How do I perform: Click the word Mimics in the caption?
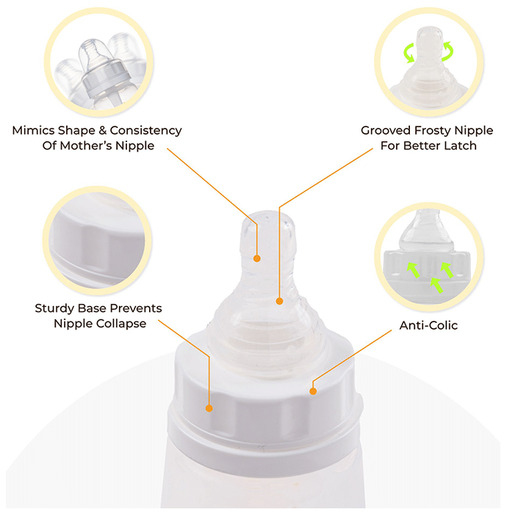pos(34,130)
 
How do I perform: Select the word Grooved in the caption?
pos(386,130)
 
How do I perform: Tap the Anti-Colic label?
pos(428,325)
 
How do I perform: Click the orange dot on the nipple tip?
pos(257,258)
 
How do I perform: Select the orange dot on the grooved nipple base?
pos(279,301)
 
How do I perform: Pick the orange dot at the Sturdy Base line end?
pos(209,408)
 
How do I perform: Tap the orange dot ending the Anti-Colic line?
pos(313,391)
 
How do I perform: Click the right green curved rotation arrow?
pos(448,51)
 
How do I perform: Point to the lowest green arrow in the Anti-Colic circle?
pos(436,285)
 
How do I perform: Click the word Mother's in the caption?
pos(85,146)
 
